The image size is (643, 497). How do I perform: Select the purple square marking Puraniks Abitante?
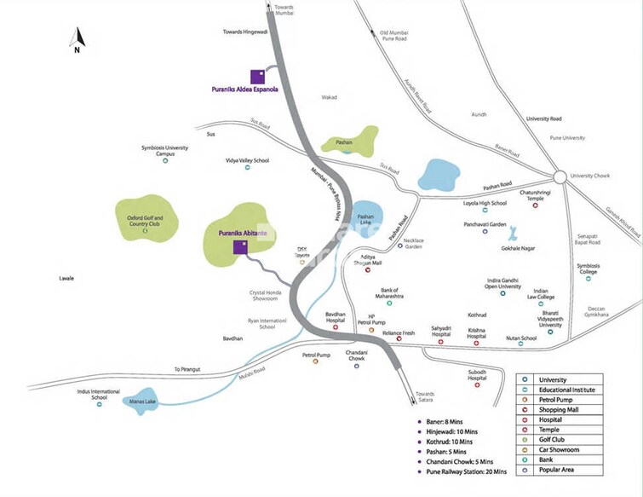241,247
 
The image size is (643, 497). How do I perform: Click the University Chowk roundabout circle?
559,176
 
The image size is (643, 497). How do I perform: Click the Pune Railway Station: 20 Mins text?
467,471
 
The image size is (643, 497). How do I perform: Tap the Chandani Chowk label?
356,355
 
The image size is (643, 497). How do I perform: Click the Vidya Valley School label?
247,160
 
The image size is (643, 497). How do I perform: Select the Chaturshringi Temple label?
519,195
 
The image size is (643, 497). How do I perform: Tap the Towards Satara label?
424,397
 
